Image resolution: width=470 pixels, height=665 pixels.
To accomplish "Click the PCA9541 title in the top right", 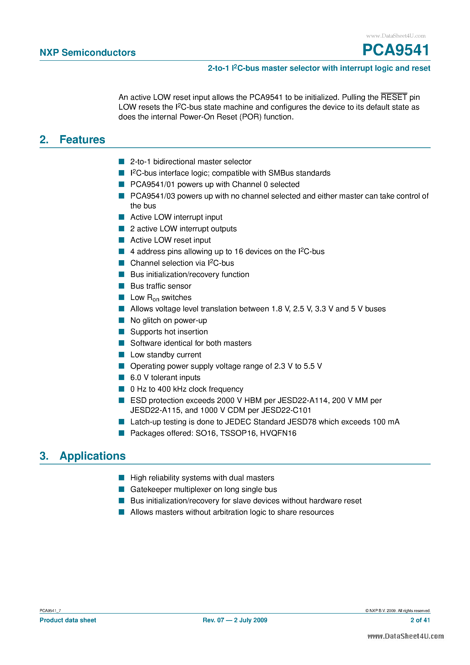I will point(396,50).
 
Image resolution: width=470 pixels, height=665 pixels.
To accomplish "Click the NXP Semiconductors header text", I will point(88,53).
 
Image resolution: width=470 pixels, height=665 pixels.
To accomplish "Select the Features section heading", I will point(82,140).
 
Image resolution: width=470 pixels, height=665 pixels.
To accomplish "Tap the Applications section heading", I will point(92,456).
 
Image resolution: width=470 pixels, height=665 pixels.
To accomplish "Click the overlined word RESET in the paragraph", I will point(394,97).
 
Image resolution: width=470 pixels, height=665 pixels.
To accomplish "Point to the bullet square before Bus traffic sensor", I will point(122,286).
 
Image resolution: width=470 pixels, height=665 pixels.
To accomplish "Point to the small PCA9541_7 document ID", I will point(50,611).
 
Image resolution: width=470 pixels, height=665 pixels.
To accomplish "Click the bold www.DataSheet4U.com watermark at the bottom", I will point(405,636).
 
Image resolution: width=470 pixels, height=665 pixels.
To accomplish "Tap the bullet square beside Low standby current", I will point(122,355).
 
